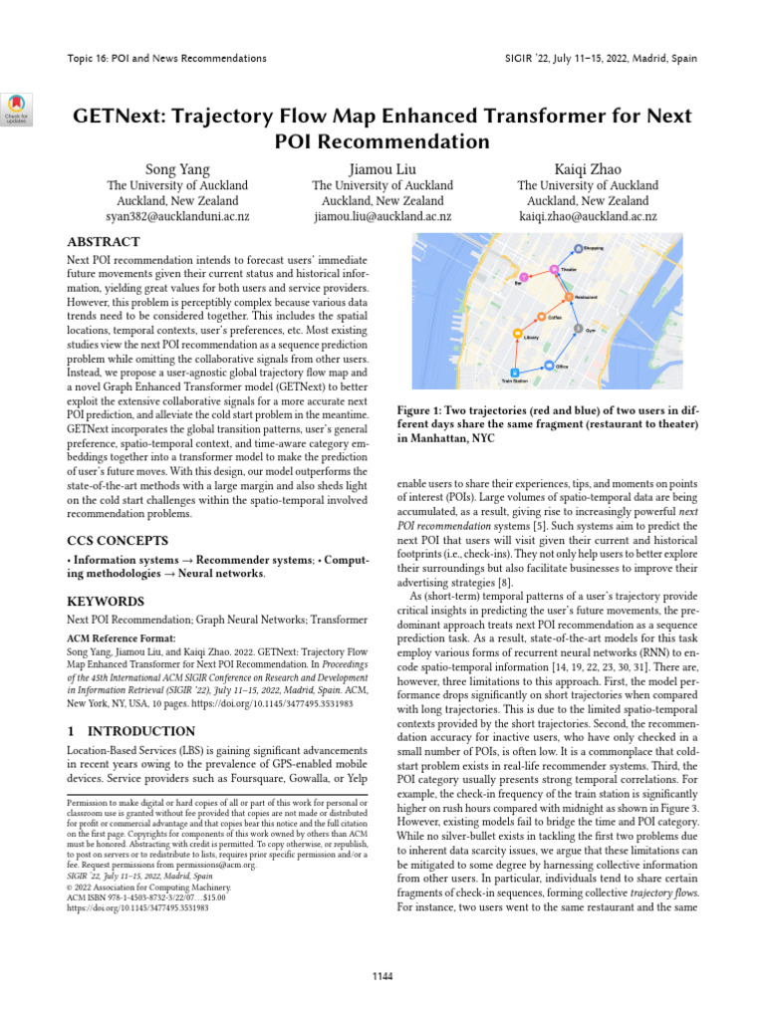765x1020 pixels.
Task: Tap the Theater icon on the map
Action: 555,269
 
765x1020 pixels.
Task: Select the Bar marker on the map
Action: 520,276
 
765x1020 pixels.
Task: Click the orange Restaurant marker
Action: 569,297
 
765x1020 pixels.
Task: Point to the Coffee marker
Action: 542,317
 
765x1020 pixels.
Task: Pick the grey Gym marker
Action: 578,328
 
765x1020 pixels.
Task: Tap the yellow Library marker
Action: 516,336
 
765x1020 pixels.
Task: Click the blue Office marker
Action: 549,366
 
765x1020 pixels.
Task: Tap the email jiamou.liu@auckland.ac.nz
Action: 382,215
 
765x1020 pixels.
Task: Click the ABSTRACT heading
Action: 104,242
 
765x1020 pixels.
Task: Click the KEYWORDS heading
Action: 105,602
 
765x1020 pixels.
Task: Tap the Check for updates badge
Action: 19,107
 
